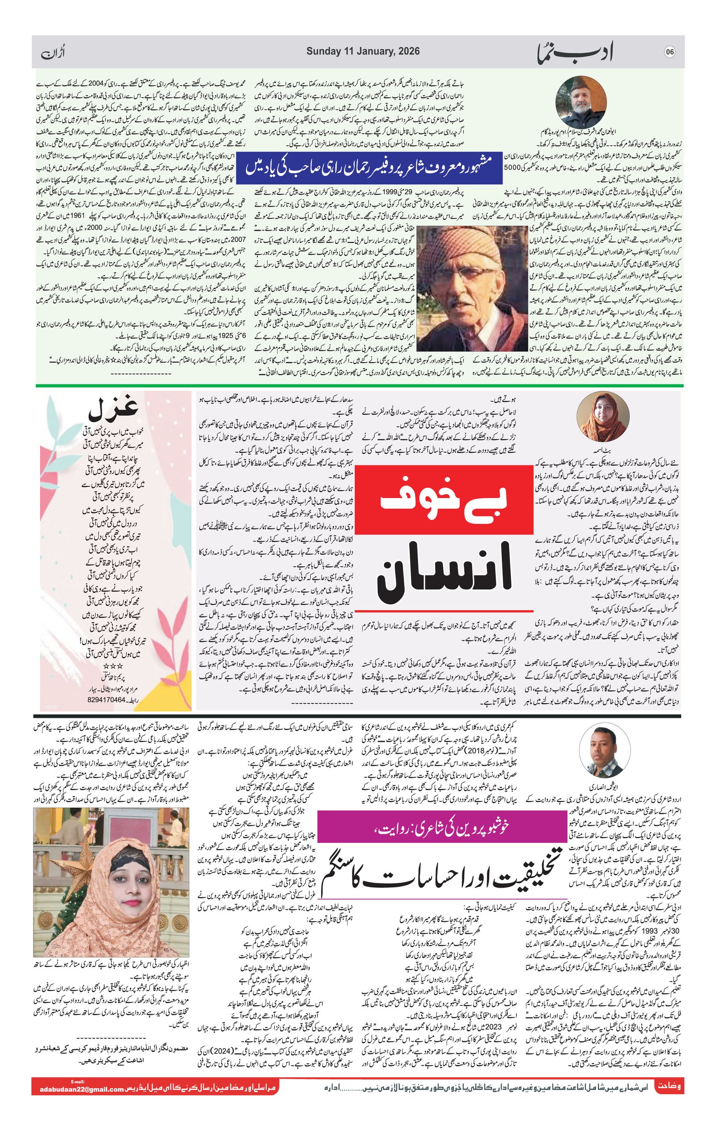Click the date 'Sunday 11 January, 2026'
point(363,52)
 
